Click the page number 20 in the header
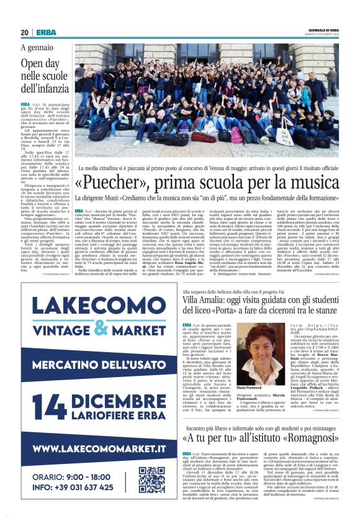coord(24,32)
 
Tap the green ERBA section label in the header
coord(46,32)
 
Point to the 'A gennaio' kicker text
coord(37,48)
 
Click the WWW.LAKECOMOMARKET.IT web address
coord(99,448)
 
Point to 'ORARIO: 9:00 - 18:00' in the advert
coord(78,475)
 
